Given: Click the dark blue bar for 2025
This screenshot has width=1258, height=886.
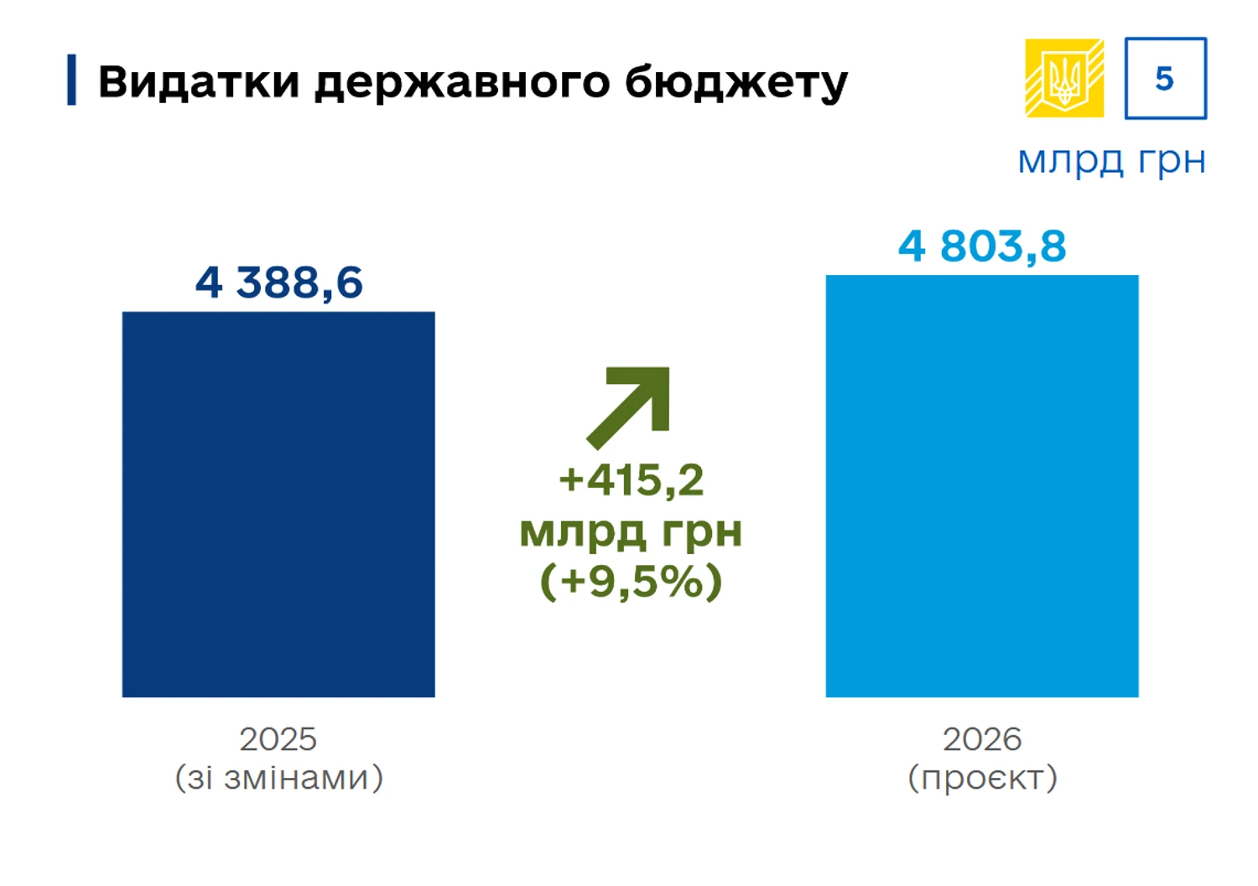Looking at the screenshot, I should click(x=278, y=504).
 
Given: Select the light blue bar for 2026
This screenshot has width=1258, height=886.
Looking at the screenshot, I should click(x=982, y=485).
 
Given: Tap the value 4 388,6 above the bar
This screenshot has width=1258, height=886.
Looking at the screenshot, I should click(x=278, y=282).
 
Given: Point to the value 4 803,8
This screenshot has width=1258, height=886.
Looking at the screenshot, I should click(x=982, y=246).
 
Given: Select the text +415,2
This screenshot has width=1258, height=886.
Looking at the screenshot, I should click(x=631, y=480).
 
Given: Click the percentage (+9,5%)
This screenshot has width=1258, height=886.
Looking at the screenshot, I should click(x=631, y=581).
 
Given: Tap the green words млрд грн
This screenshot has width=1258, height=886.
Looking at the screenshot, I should click(x=631, y=531).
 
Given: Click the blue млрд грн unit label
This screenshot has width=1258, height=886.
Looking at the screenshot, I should click(x=1111, y=159).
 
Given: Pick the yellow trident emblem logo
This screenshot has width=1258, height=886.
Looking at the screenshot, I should click(x=1064, y=78).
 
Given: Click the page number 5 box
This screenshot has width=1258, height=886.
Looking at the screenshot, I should click(x=1165, y=78).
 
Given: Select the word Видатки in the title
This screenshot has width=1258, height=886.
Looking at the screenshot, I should click(x=199, y=82).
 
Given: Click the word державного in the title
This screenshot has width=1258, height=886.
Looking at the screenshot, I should click(x=462, y=82).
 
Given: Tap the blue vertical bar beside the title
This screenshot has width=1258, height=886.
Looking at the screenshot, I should click(x=72, y=80).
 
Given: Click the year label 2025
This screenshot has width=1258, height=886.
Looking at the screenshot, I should click(x=278, y=739).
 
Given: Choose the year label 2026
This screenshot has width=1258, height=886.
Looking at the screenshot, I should click(x=982, y=739).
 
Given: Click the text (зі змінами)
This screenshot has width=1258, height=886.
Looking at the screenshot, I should click(x=278, y=778).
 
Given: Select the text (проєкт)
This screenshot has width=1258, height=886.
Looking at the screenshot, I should click(x=982, y=778).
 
